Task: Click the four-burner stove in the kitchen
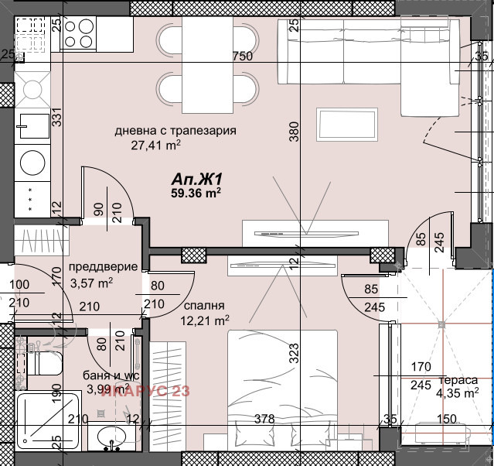coord(78,33)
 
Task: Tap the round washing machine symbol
coord(33,163)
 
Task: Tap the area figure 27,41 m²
coord(155,144)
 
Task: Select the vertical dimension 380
coord(294,135)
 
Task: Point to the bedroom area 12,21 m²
coord(205,319)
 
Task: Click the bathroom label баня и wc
coord(106,376)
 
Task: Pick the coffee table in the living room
coord(346,125)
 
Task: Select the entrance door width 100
coord(20,286)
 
